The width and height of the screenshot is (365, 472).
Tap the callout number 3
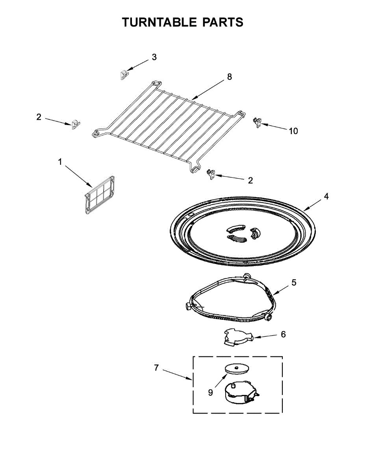tap(154, 57)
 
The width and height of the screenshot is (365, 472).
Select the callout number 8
tap(230, 77)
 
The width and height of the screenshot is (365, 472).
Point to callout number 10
tap(293, 131)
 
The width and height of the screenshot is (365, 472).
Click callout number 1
tap(60, 162)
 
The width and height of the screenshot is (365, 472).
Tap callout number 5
tap(294, 282)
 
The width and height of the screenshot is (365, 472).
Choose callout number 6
tap(283, 334)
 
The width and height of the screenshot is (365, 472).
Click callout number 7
tap(156, 368)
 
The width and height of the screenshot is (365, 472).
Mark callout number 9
tap(210, 392)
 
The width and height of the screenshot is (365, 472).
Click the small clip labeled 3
tap(124, 74)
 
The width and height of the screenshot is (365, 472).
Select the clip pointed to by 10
tap(257, 123)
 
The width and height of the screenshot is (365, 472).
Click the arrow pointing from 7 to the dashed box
tap(177, 375)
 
